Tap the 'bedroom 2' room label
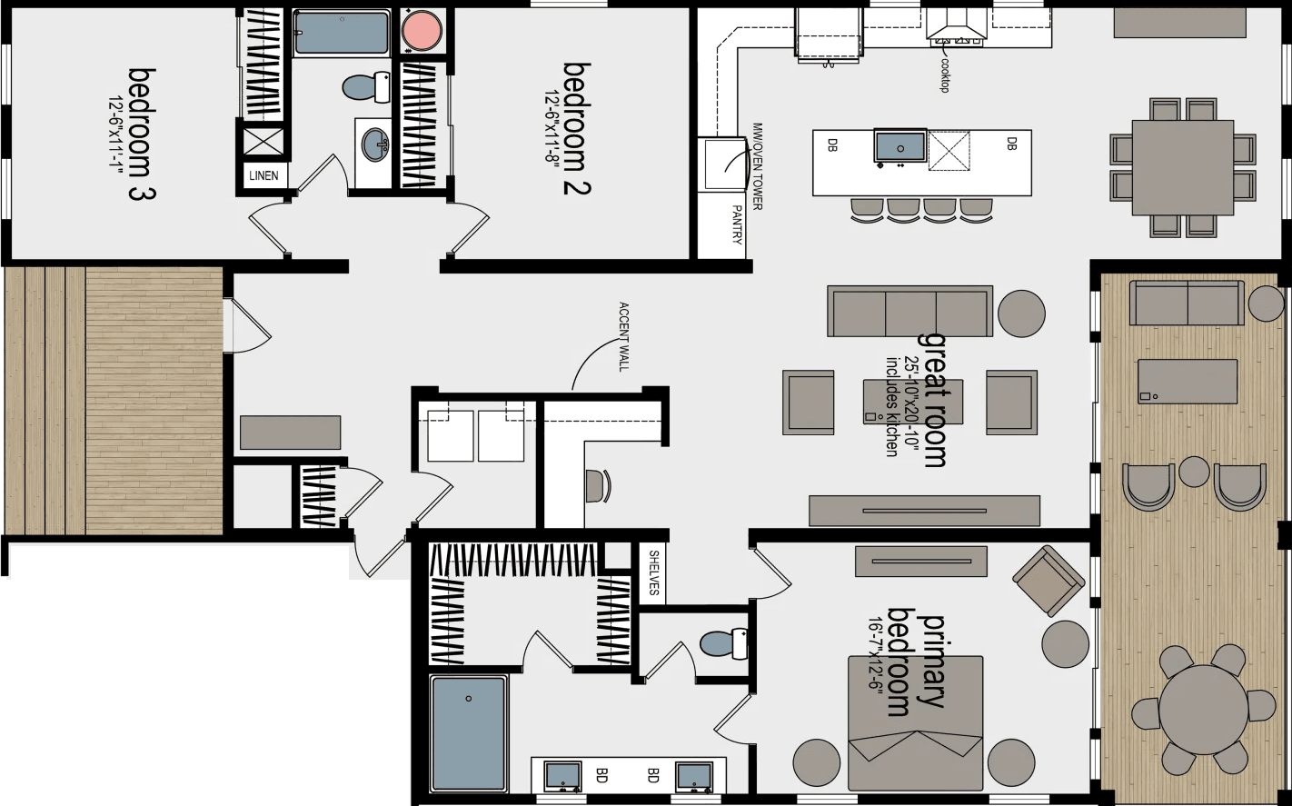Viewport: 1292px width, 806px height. click(x=578, y=128)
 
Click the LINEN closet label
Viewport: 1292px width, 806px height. click(x=264, y=175)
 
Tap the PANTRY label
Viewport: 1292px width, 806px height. click(x=736, y=224)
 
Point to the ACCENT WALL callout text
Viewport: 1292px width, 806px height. click(x=623, y=336)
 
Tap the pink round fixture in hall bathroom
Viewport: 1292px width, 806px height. click(x=422, y=32)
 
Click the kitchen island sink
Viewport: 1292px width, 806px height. click(x=899, y=146)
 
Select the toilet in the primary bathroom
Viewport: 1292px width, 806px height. click(x=723, y=643)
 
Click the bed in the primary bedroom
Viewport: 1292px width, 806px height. click(x=915, y=723)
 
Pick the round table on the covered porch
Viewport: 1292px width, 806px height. click(x=1204, y=709)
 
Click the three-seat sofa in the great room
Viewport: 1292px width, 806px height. click(x=909, y=312)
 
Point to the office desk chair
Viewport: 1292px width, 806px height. click(x=596, y=485)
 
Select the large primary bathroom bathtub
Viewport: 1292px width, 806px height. click(x=469, y=733)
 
